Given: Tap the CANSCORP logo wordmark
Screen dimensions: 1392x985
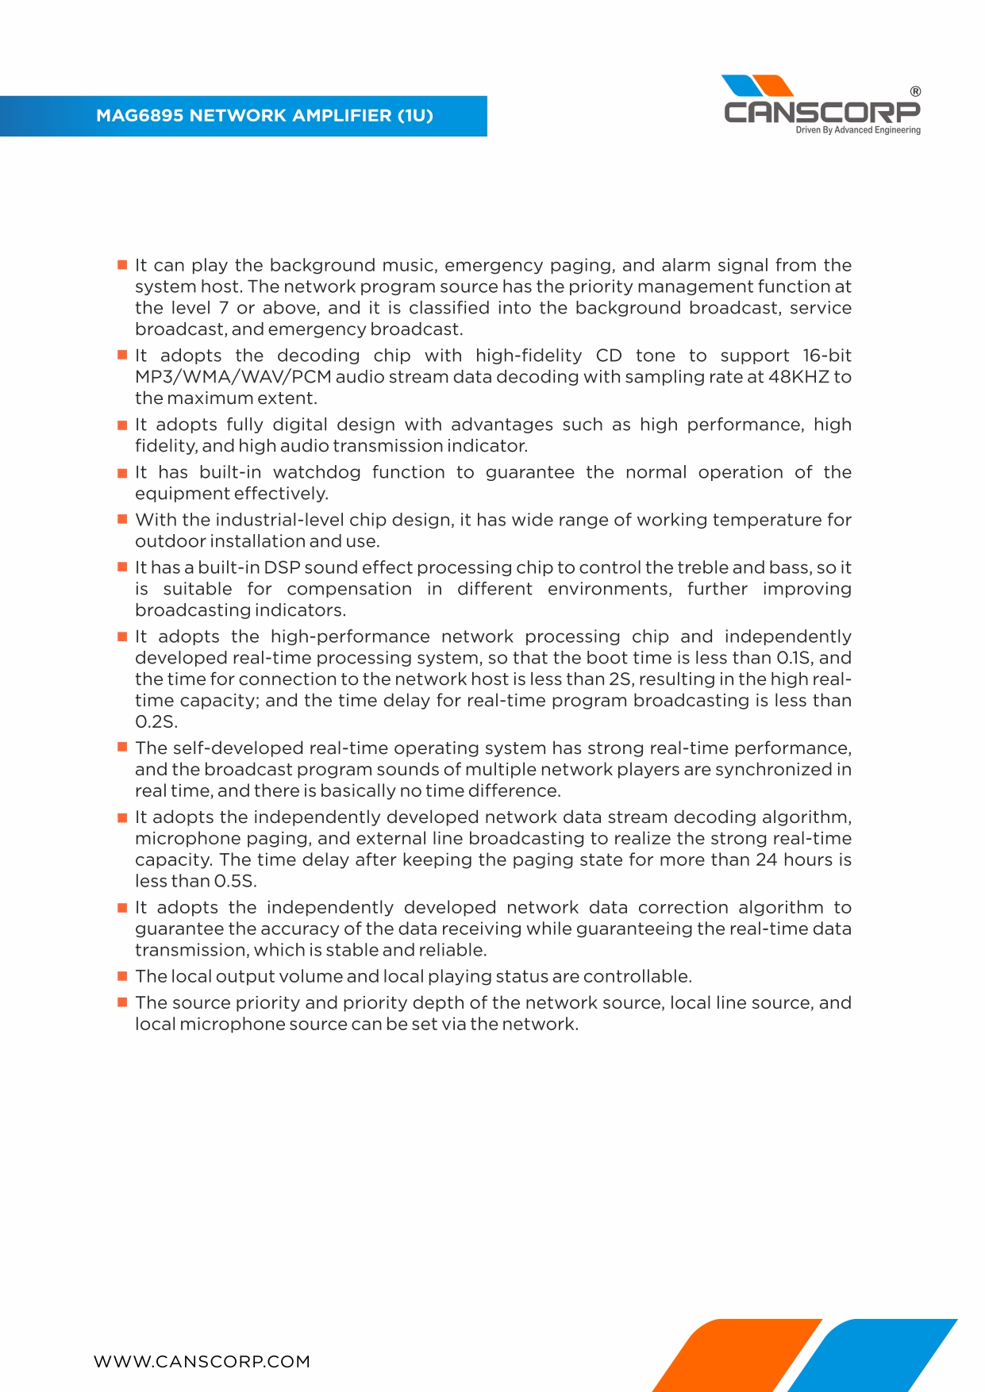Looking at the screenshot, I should tap(821, 112).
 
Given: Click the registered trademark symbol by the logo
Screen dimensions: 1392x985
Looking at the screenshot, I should tap(915, 91).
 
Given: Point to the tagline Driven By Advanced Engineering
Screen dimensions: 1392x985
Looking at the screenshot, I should tap(858, 130).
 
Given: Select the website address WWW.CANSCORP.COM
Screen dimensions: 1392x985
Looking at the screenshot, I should tap(202, 1362).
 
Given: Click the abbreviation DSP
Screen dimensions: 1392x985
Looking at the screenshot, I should tap(282, 567).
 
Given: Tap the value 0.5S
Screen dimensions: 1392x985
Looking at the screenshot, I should tap(235, 881).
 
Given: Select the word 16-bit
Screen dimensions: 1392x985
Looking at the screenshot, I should tap(826, 356).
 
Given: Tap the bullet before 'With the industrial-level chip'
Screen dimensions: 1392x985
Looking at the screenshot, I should tap(122, 519).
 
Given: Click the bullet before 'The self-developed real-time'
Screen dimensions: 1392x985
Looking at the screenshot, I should tap(122, 747).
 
